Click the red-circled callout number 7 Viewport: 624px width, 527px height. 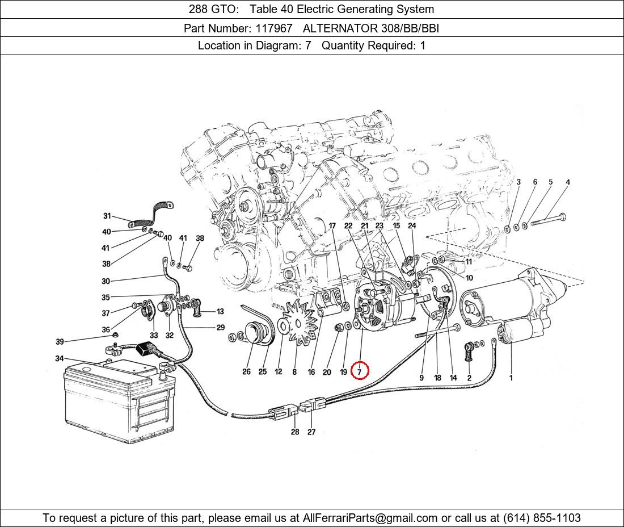360,371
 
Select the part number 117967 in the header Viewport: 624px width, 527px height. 278,28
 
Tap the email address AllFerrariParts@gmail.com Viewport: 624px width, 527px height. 370,518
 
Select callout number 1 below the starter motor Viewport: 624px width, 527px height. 511,378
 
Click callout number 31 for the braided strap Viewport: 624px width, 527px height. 107,216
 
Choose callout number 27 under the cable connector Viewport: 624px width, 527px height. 311,432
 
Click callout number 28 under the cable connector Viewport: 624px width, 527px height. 295,432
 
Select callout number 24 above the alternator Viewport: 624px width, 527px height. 412,225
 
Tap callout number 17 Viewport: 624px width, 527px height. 332,225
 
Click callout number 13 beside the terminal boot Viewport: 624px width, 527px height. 220,311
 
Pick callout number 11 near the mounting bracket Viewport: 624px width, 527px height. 469,262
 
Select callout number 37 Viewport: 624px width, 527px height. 106,313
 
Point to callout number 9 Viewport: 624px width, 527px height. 421,378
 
